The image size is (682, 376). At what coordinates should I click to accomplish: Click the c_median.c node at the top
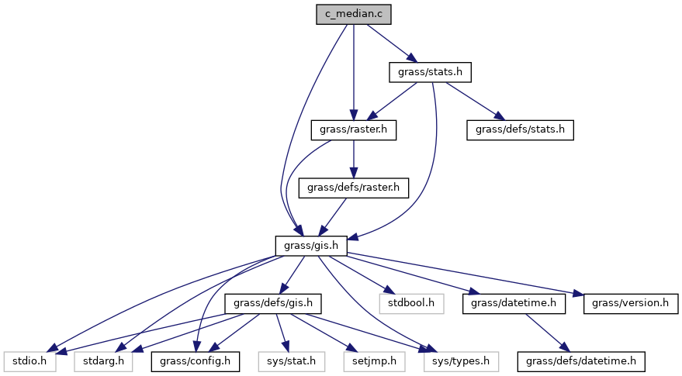click(354, 15)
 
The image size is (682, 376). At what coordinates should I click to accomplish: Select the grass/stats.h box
click(430, 72)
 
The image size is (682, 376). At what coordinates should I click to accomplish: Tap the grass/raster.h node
click(353, 129)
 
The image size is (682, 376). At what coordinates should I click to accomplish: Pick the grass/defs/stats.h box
click(520, 129)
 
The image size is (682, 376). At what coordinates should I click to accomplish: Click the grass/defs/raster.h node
click(354, 187)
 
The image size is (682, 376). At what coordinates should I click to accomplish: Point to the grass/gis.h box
click(310, 245)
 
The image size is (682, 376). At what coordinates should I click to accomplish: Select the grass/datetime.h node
click(513, 302)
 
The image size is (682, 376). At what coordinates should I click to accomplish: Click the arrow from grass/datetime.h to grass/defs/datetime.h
click(547, 331)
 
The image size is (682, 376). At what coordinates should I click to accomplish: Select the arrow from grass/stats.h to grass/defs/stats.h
click(475, 101)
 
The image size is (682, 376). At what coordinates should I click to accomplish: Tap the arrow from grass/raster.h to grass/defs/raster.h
click(354, 158)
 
